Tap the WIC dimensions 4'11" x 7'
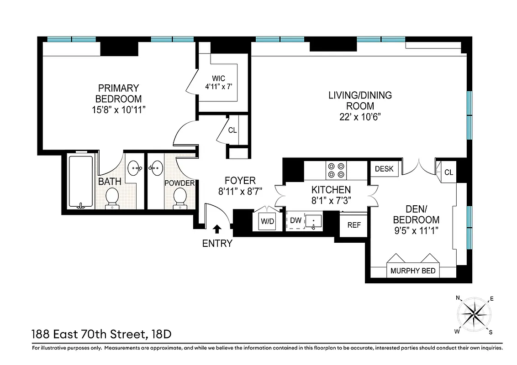coord(221,86)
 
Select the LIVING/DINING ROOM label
coord(360,100)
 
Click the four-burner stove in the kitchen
coord(337,170)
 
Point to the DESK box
coord(384,169)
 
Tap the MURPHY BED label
coord(413,271)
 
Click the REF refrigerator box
coord(354,225)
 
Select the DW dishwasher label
coord(296,221)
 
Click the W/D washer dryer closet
coord(267,221)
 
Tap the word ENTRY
coord(217,244)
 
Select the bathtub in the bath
coord(81,182)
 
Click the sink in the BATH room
coord(134,168)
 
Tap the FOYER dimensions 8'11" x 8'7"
coord(240,192)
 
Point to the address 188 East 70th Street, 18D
coord(101,334)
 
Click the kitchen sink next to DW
coord(313,222)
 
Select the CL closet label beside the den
coord(448,172)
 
